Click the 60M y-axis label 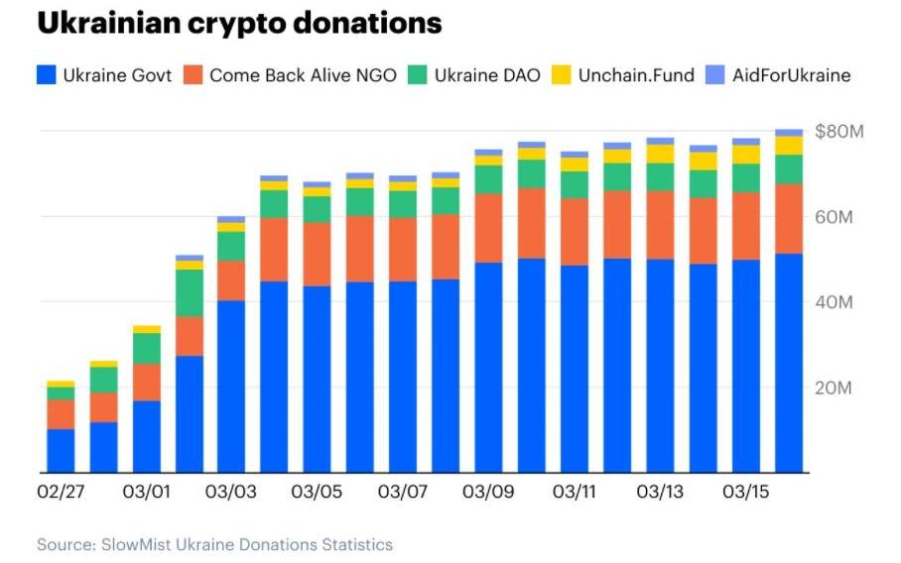[834, 217]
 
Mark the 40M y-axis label [834, 302]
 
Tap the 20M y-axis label [834, 388]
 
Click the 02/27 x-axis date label [60, 493]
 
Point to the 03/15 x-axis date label [745, 493]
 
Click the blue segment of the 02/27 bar [61, 451]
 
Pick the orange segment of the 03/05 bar [318, 254]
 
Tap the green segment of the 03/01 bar [146, 348]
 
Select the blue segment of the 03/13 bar [660, 367]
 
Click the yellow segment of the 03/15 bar [745, 155]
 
